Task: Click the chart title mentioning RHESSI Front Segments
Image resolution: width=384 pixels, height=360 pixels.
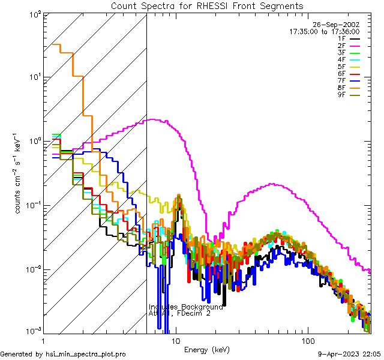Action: (207, 6)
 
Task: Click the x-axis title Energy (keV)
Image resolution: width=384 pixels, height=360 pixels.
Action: (208, 349)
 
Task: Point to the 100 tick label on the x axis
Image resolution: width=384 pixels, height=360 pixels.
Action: (308, 340)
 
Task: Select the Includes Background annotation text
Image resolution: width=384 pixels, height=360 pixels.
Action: (185, 307)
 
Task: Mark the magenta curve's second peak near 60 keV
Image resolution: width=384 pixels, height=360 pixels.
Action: (273, 184)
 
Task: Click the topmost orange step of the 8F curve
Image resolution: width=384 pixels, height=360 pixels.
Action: (57, 44)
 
